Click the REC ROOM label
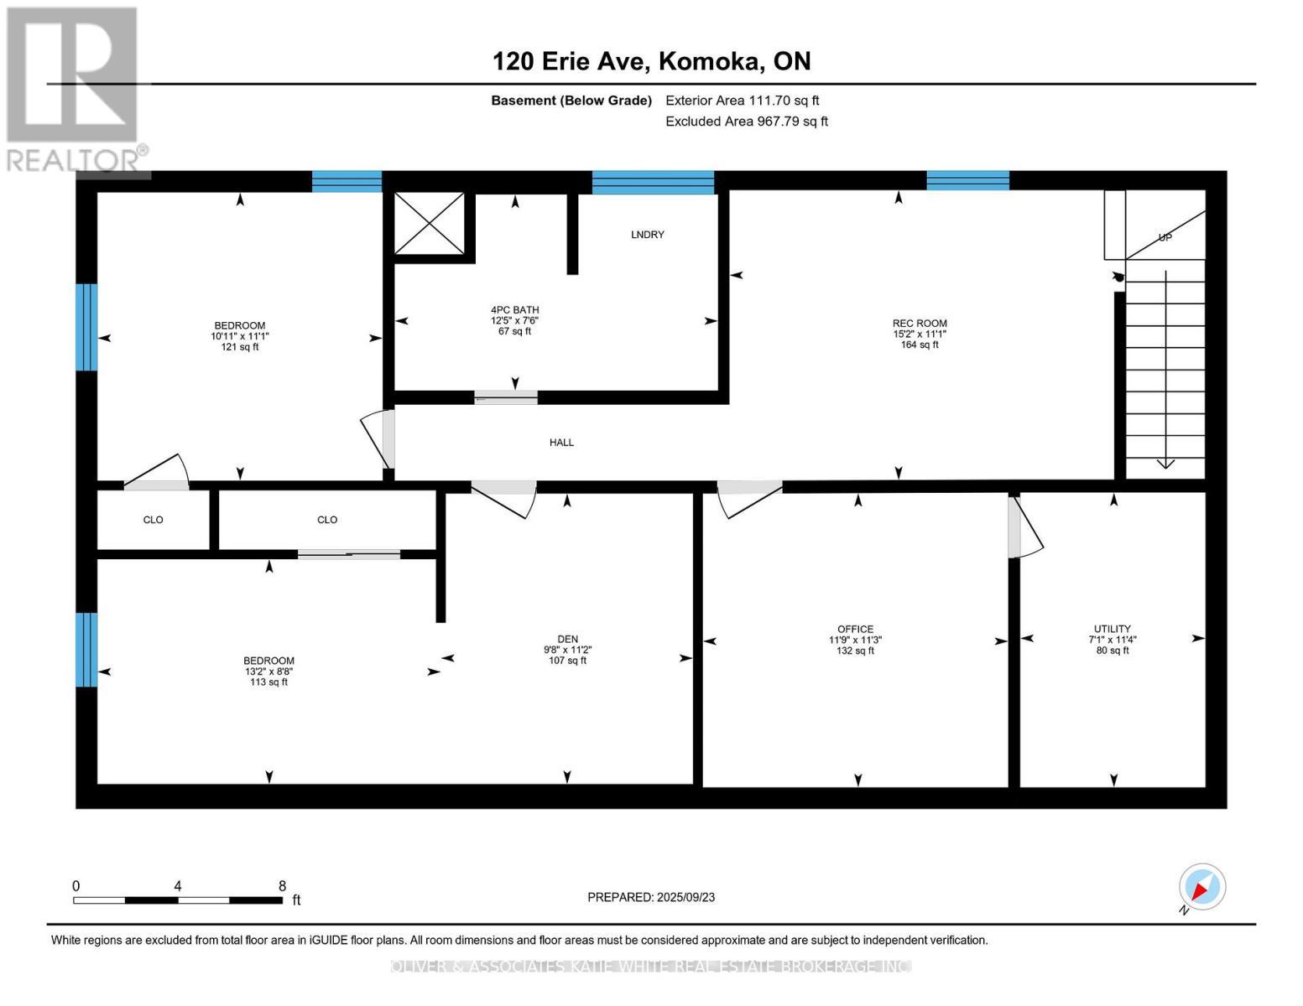(920, 324)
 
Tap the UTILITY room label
(1113, 629)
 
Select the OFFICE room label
(855, 629)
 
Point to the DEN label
(567, 640)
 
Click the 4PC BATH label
(514, 310)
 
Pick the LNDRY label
(648, 234)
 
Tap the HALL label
(561, 442)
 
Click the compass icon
(1201, 887)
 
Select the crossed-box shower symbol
(429, 223)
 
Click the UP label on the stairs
(1165, 237)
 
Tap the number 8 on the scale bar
(282, 885)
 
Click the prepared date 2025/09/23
(685, 897)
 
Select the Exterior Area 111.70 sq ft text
(743, 101)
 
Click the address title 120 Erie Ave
(571, 61)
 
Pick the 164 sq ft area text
(920, 345)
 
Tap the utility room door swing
(1025, 526)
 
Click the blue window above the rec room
(967, 180)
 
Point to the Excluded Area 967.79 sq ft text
(747, 122)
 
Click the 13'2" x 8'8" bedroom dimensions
(268, 672)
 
